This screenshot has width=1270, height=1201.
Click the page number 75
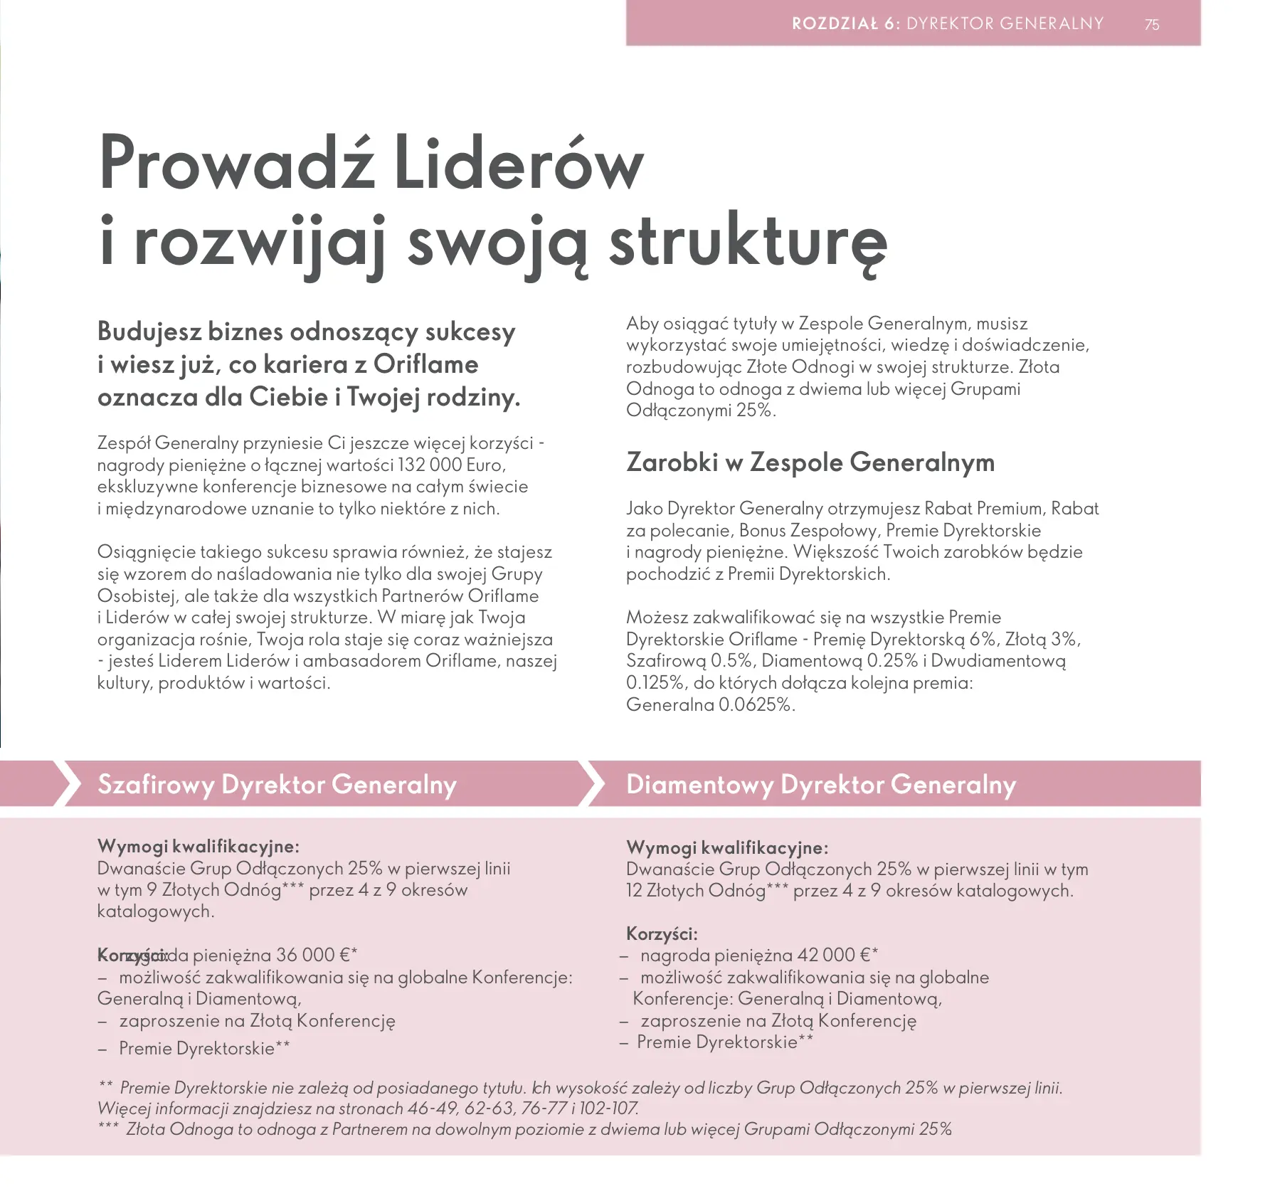tap(1152, 25)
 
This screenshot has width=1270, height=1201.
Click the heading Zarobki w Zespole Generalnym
tap(810, 462)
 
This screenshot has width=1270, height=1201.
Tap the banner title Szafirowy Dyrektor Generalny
tap(277, 784)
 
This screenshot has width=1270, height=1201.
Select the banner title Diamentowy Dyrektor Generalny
tap(820, 784)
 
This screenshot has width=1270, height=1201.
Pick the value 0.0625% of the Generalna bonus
tap(756, 705)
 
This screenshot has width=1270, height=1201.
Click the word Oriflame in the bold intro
tap(425, 364)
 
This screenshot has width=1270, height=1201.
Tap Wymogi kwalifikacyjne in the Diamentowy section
tap(726, 847)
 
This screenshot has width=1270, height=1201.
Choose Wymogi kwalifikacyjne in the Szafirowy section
tap(198, 846)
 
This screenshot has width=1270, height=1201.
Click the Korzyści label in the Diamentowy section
tap(661, 933)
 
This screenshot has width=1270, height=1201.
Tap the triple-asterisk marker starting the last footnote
tap(108, 1128)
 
